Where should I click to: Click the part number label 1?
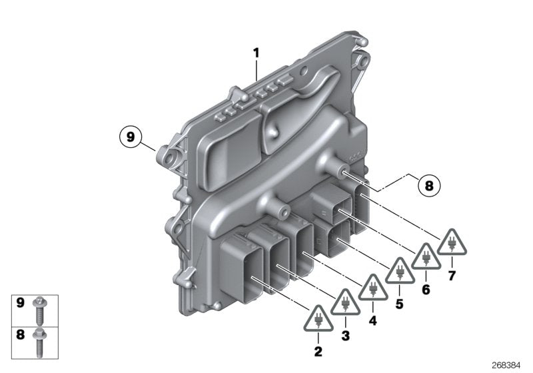click(x=255, y=52)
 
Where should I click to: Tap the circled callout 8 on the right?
click(x=428, y=186)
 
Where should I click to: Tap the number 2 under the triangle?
click(x=318, y=350)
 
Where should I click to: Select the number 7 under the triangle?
click(x=453, y=275)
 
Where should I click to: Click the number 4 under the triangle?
click(x=372, y=320)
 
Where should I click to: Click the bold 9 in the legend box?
click(x=21, y=304)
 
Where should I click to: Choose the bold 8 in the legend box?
click(x=21, y=334)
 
